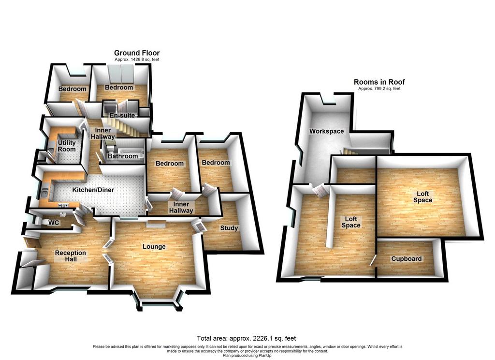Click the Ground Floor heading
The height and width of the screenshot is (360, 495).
tap(137, 53)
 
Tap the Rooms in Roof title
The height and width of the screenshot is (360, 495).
tap(379, 82)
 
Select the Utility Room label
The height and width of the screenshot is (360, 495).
tap(67, 146)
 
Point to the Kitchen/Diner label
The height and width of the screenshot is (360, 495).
tap(93, 190)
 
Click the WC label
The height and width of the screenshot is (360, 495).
tap(54, 223)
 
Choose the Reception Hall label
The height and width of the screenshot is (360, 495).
tap(71, 256)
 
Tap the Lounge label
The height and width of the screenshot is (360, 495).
tap(154, 246)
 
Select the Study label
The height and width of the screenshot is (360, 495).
tap(229, 228)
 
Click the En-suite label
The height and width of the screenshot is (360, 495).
tap(122, 115)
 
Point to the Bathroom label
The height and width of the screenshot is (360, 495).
tap(123, 156)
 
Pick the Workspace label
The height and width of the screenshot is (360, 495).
tap(326, 131)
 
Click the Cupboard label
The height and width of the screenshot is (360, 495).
tap(406, 259)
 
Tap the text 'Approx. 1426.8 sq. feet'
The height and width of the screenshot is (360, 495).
tap(137, 60)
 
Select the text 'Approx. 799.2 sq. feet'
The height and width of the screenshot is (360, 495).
tap(379, 89)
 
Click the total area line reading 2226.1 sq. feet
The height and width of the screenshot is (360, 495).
tap(246, 339)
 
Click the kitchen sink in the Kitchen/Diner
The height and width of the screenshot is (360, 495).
tap(44, 192)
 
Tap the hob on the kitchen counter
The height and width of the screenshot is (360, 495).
tap(63, 206)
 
